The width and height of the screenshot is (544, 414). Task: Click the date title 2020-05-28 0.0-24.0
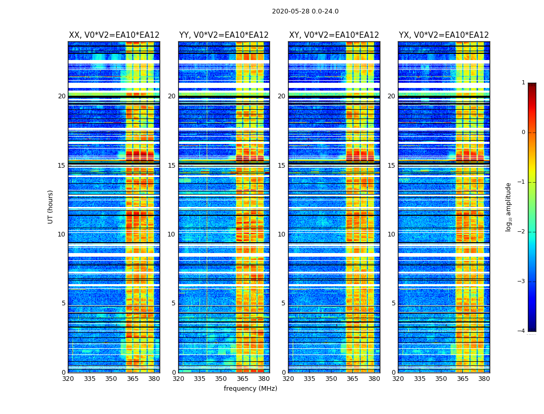(x=305, y=11)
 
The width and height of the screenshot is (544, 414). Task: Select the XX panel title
(x=114, y=35)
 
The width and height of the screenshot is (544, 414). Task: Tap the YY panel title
(x=224, y=35)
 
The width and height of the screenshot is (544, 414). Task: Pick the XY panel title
(x=334, y=35)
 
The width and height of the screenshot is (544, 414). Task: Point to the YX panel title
(x=444, y=35)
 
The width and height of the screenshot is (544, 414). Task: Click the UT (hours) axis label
(x=50, y=206)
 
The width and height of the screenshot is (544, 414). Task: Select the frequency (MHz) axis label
(x=250, y=389)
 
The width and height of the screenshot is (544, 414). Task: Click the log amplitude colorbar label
(x=509, y=206)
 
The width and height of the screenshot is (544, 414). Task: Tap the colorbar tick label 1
(x=523, y=83)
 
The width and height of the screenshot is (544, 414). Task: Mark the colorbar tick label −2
(x=522, y=232)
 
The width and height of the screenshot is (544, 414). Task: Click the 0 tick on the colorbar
(x=523, y=132)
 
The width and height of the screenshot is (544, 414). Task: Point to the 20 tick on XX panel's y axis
(x=62, y=96)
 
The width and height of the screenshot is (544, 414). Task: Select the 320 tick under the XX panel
(x=68, y=379)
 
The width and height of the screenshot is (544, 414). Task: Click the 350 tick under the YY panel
(x=221, y=379)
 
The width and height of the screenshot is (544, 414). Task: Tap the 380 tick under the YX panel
(x=484, y=379)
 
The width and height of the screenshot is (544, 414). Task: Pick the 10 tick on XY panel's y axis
(x=281, y=234)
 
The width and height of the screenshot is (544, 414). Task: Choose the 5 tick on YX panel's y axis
(x=393, y=303)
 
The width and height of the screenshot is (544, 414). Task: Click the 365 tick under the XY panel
(x=352, y=379)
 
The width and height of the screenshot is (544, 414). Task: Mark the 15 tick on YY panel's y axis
(x=171, y=166)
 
